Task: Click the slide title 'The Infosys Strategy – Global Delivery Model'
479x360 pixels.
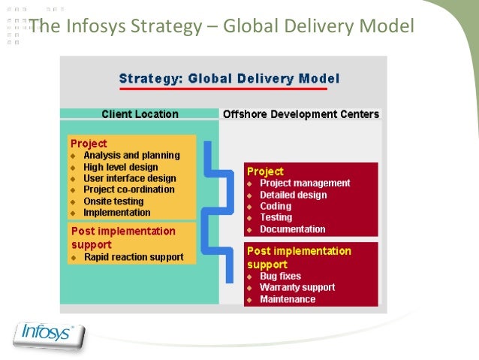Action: (221, 28)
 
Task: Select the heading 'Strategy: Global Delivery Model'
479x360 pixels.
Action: (230, 78)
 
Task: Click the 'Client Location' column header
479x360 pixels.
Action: (140, 114)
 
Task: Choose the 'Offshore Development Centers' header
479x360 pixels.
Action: (301, 114)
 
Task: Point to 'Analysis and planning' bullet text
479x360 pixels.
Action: (131, 156)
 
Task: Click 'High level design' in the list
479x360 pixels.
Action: (121, 167)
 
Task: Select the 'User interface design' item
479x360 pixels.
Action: (130, 178)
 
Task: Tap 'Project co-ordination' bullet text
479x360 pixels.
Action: (130, 189)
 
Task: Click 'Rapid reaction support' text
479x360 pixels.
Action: (134, 257)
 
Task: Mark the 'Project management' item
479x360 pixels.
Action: (305, 183)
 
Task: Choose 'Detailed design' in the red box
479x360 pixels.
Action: (293, 195)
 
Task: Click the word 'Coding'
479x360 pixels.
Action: (276, 206)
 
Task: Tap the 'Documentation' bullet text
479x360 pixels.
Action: (292, 229)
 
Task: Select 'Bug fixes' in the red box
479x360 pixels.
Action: (281, 276)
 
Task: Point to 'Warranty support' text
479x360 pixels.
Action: (297, 287)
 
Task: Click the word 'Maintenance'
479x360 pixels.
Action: (288, 299)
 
